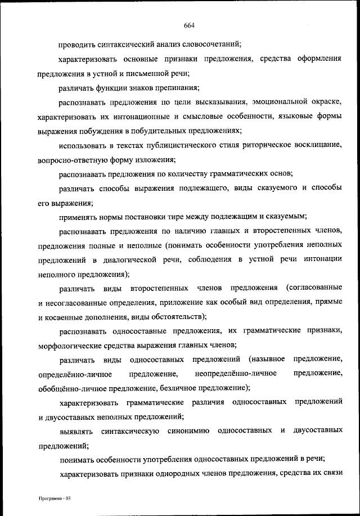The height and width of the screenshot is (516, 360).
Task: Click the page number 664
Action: pos(188,24)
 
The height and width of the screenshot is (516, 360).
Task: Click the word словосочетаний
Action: pos(214,43)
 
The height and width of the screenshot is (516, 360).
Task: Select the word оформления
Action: pos(318,59)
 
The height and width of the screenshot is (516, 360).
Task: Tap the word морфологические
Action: pos(70,345)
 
